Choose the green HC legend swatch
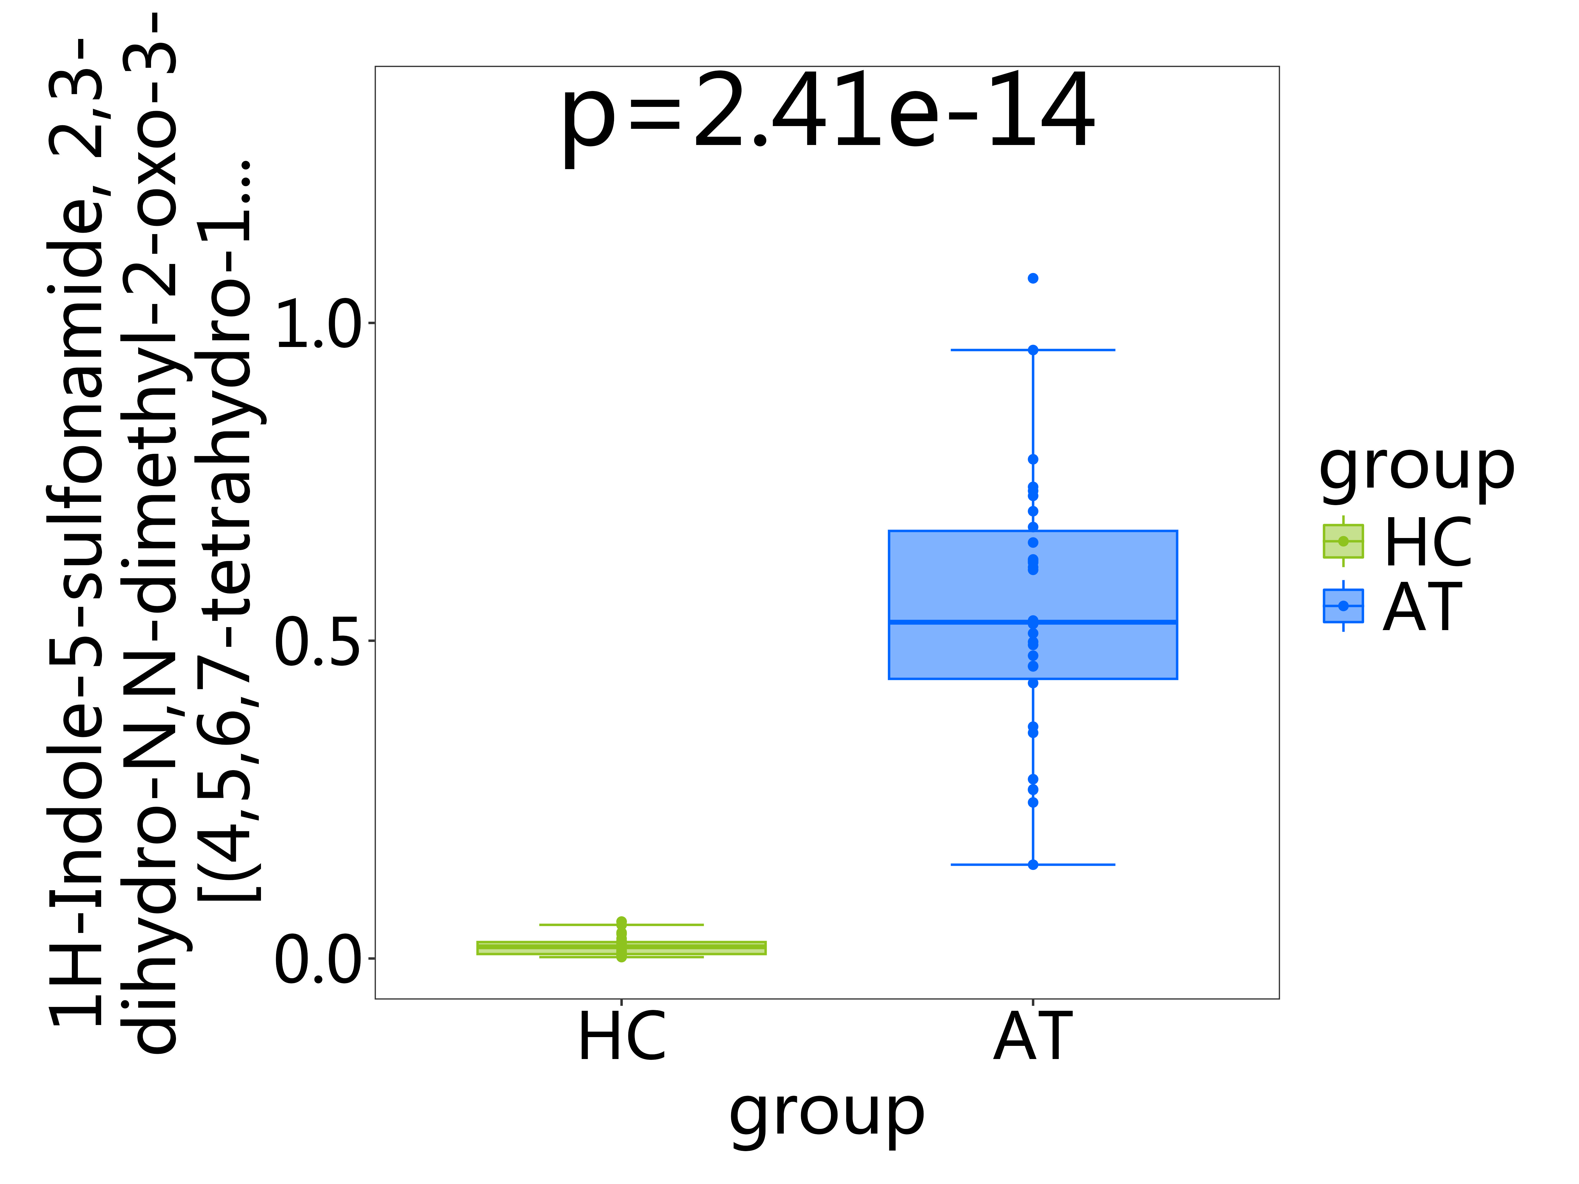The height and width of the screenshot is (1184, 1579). [1343, 541]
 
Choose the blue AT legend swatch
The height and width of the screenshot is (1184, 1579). [1343, 605]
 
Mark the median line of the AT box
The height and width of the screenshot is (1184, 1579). [1033, 622]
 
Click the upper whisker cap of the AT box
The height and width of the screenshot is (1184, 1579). [1033, 350]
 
